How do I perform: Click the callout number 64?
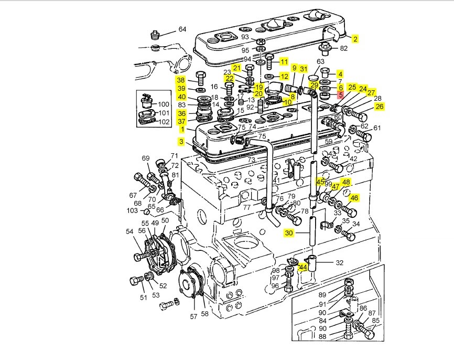click(182, 29)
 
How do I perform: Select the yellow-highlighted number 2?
click(355, 39)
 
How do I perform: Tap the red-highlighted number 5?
click(340, 96)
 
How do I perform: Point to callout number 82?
click(344, 49)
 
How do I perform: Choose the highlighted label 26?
click(380, 107)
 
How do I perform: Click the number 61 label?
click(377, 128)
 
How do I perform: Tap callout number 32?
click(339, 263)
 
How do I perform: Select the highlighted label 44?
click(302, 268)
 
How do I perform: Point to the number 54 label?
click(129, 232)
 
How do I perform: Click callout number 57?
click(193, 316)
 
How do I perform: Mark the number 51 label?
click(143, 298)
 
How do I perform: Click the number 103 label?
click(132, 210)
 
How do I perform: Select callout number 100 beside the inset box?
click(164, 104)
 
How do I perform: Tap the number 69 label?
click(146, 158)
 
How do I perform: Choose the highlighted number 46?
click(355, 198)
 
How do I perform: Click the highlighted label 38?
click(181, 80)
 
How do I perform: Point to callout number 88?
click(322, 336)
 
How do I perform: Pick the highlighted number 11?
click(284, 62)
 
